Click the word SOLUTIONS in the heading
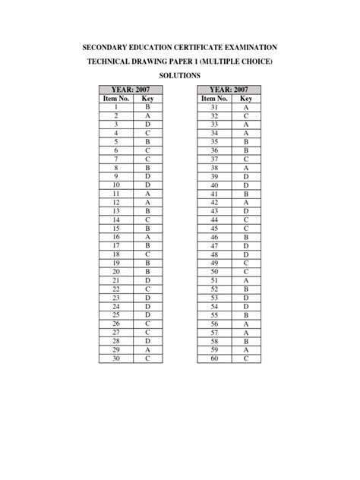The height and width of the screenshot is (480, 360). tap(179, 76)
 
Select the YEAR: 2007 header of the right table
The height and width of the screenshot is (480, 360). tap(229, 90)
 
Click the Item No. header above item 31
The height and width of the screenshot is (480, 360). tap(213, 99)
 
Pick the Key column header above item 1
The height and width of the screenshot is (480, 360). tap(147, 99)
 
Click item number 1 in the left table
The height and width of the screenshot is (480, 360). tap(116, 108)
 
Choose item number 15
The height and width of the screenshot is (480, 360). tap(116, 228)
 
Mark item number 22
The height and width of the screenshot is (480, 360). tap(116, 289)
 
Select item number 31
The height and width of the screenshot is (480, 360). tap(214, 108)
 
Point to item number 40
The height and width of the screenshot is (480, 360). tap(214, 185)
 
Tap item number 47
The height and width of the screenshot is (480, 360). tap(214, 245)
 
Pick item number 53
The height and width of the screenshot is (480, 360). tap(214, 298)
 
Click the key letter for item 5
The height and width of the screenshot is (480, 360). tap(147, 141)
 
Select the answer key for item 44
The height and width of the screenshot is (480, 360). tap(246, 219)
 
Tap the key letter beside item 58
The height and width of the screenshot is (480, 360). tap(246, 341)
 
